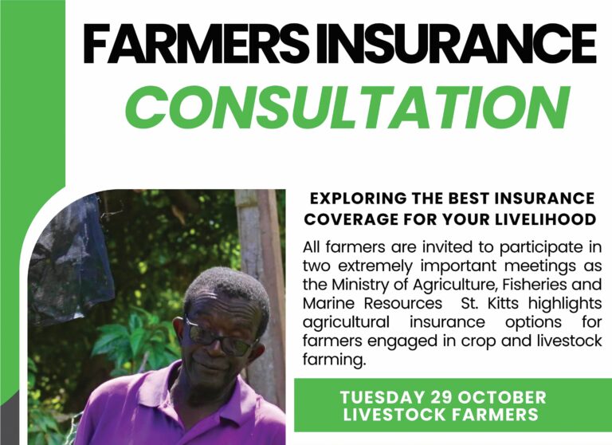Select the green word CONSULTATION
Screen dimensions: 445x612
point(347,105)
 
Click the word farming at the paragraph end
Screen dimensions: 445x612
point(331,360)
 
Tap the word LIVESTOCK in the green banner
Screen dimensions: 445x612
point(389,415)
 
